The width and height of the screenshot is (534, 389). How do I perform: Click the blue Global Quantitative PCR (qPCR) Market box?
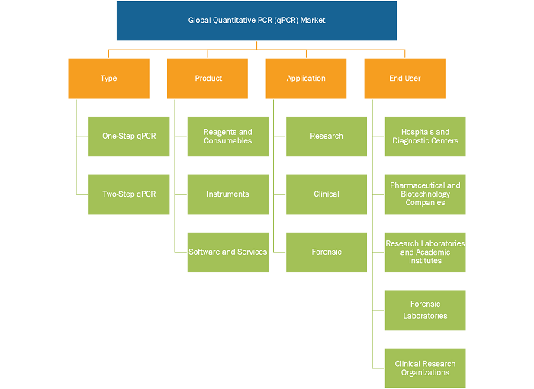coord(257,21)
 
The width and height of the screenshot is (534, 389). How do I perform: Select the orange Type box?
coord(108,79)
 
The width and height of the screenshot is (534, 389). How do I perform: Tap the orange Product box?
coord(207,79)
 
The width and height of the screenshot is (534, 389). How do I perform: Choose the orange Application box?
coord(306,79)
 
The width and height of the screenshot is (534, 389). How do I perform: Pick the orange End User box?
coord(405,79)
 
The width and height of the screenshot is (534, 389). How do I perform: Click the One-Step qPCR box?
coord(129,137)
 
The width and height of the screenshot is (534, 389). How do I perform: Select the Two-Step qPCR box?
coord(129,194)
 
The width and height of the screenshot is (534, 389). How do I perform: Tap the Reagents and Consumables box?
coord(228,137)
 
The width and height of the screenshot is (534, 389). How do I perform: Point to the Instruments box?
coord(228,194)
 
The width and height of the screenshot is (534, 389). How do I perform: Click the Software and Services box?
coord(228,252)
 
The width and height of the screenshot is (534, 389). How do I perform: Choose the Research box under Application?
coord(327,137)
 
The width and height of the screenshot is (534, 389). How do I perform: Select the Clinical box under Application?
coord(327,194)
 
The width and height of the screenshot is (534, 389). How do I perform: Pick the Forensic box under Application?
coord(327,252)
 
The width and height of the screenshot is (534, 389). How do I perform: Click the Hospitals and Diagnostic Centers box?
coord(426,137)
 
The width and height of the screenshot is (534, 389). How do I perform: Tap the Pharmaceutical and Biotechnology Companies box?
coord(426,194)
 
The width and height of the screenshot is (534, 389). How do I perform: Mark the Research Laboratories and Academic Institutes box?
coord(426,252)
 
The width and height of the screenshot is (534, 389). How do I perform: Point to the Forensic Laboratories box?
coord(426,310)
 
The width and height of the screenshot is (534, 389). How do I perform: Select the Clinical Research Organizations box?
coord(426,368)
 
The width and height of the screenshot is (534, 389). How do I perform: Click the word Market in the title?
coord(313,21)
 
